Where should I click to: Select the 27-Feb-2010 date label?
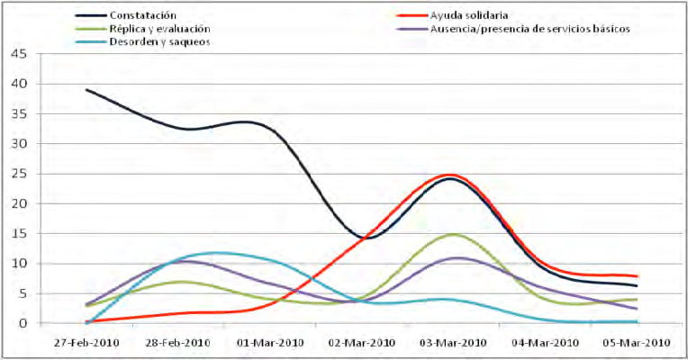click(x=87, y=343)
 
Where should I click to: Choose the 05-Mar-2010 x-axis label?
click(x=637, y=343)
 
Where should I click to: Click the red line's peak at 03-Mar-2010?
click(x=450, y=175)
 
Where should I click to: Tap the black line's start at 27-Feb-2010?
click(x=86, y=90)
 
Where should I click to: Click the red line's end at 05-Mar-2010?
click(x=638, y=276)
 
